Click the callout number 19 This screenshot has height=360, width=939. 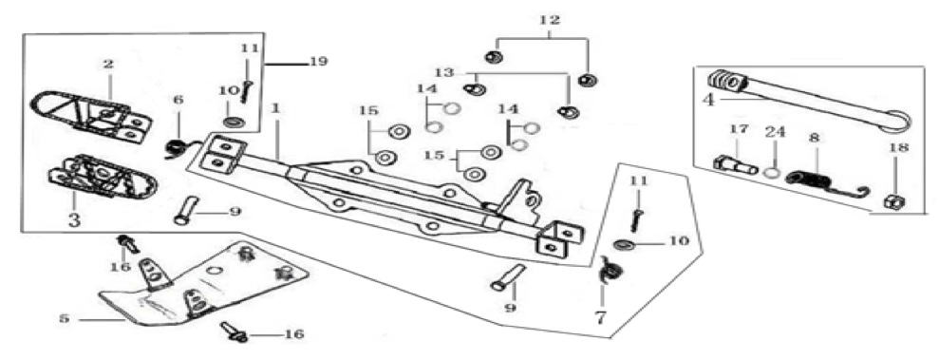319,61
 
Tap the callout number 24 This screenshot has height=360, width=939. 775,132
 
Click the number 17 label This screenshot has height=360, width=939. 739,129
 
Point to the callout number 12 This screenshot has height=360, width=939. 550,20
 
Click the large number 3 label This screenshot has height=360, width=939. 73,219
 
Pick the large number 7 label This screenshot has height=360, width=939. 601,316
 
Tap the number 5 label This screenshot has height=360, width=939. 64,319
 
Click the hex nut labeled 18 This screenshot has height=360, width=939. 894,201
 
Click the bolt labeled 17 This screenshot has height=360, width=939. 736,164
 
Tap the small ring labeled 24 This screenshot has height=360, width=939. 772,173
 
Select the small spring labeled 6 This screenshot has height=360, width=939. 177,147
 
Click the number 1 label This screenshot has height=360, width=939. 275,108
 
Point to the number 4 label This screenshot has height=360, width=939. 709,99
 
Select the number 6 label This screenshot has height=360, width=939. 178,102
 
